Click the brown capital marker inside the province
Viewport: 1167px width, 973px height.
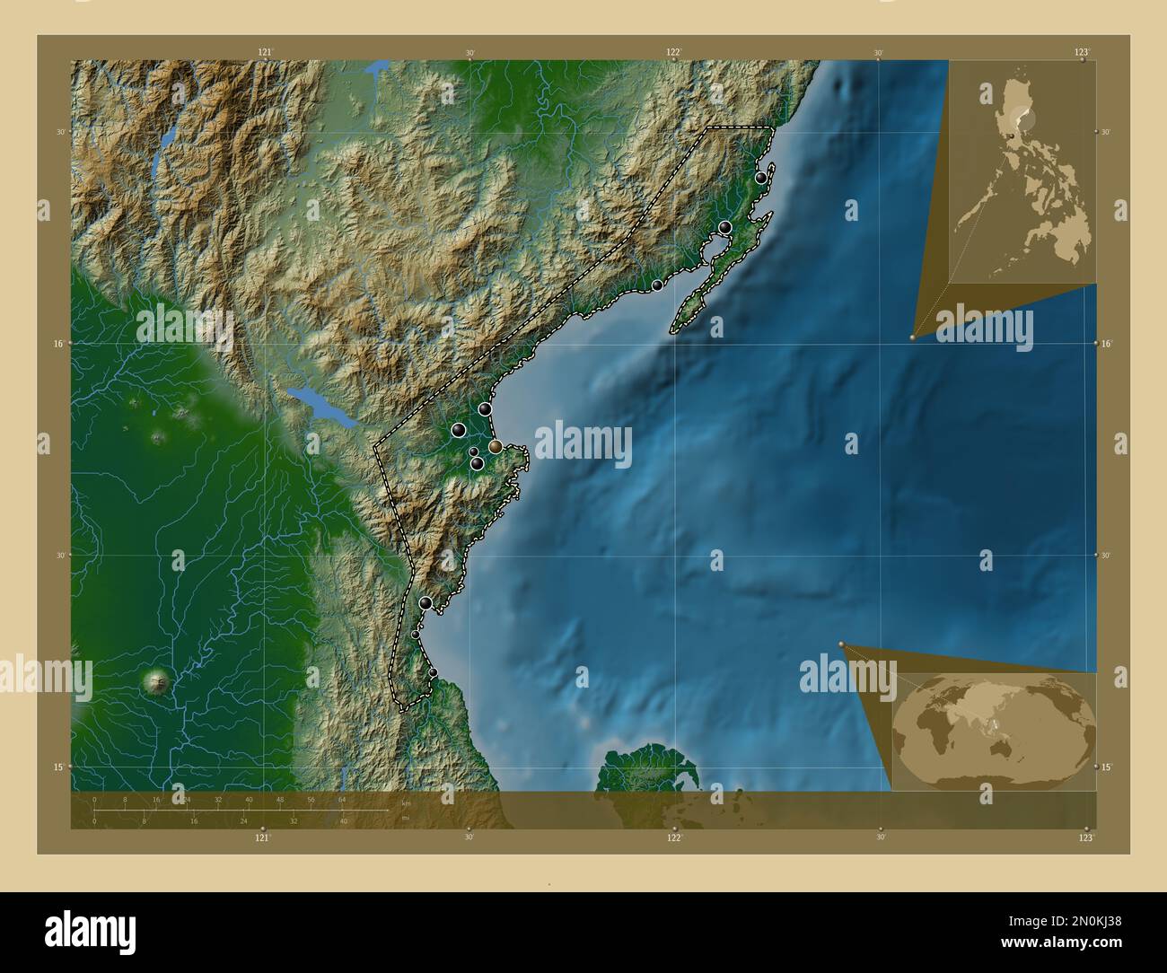496,446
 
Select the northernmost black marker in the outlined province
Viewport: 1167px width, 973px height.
761,178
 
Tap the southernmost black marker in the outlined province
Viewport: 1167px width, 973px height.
433,672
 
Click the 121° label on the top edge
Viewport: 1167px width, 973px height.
265,53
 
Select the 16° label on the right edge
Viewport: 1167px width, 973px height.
1106,344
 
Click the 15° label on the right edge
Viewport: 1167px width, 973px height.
1106,767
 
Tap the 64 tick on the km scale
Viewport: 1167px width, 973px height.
342,798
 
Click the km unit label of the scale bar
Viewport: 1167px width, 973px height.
406,803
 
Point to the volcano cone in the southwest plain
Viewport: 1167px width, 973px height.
160,682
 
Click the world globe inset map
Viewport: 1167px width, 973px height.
994,730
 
